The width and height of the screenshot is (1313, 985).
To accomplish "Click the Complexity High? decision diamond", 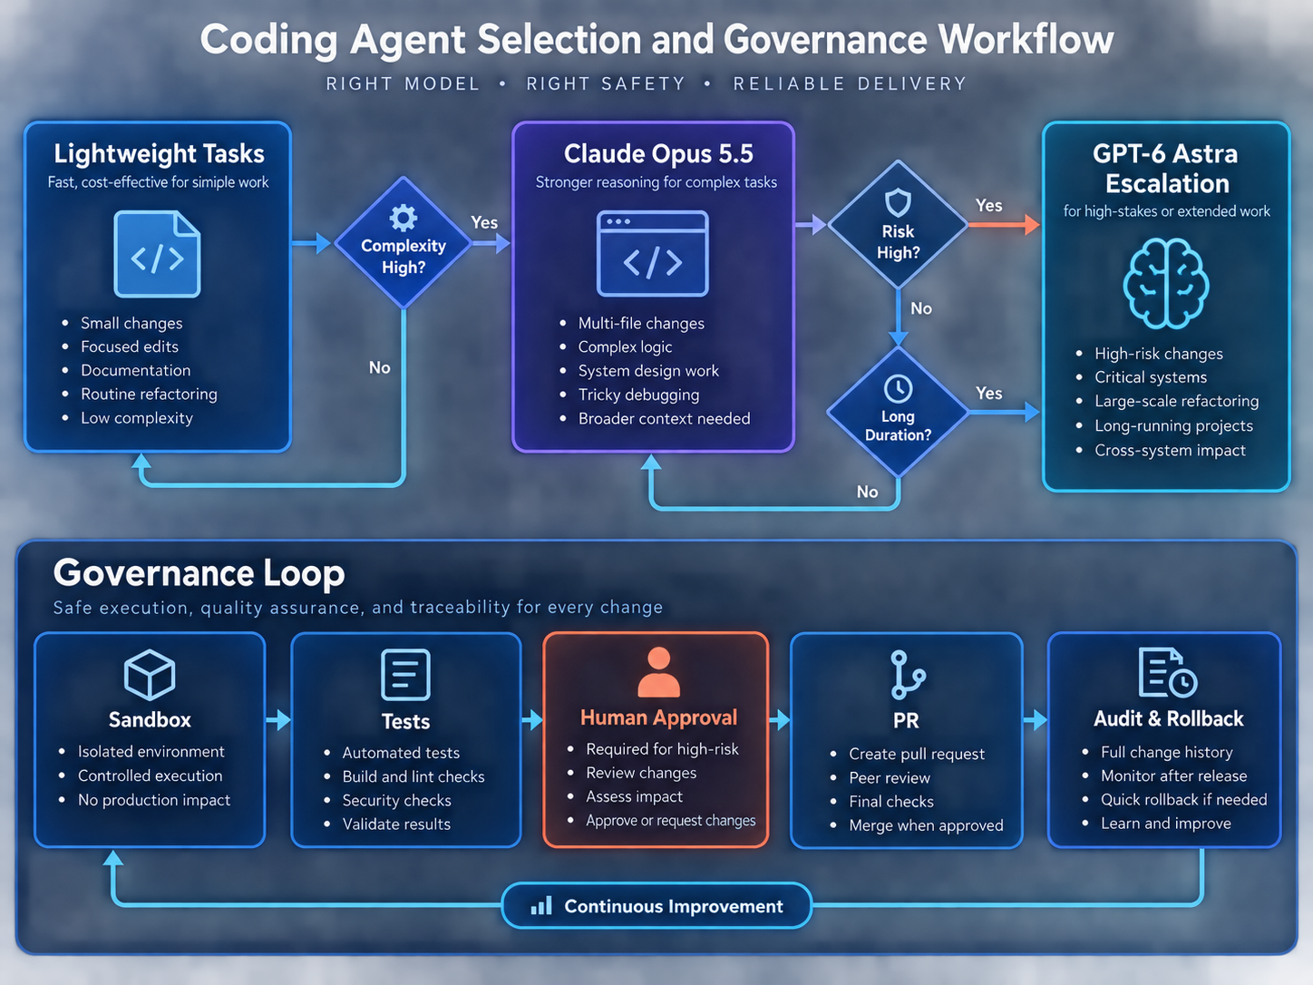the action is point(404,243).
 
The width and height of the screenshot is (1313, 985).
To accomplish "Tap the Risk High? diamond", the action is point(898,224).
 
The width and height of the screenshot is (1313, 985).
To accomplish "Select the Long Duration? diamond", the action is point(898,412).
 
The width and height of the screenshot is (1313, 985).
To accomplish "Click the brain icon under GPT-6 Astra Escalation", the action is point(1166,283).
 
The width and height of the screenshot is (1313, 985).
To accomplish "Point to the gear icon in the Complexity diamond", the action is point(404,218).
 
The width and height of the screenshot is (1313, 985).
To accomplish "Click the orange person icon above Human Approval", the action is point(658,671).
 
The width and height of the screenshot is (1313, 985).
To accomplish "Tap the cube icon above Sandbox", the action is point(150,675).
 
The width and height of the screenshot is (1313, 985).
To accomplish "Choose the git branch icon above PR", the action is point(907,675).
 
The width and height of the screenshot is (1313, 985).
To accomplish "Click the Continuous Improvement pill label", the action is point(656,906).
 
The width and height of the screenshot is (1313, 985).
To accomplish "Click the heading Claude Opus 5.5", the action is point(658,153).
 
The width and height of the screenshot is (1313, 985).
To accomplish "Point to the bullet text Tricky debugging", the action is point(638,395).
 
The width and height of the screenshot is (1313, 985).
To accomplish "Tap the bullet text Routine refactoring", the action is point(149,395).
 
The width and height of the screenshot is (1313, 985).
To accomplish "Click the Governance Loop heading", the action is point(199,573).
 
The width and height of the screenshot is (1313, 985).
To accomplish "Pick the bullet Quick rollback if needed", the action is point(1184,800).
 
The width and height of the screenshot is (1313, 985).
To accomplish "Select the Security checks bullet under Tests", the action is point(396,800).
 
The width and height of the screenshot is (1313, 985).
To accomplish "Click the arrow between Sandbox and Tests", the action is point(278,719).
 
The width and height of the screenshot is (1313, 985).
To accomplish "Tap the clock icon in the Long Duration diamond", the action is point(898,389).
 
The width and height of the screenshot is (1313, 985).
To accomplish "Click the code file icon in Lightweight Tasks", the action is point(157,254).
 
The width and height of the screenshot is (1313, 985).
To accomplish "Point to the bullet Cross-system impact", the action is point(1170,451).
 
